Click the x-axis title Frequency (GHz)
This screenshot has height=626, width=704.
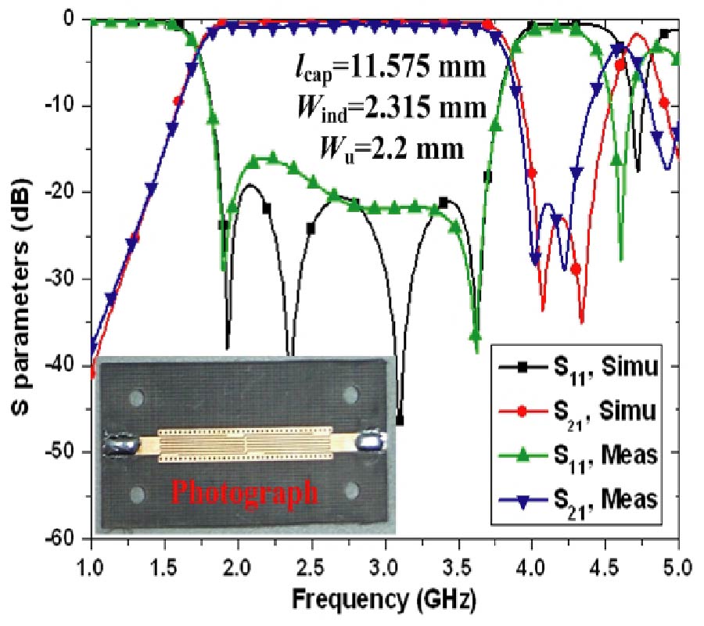[x=384, y=599]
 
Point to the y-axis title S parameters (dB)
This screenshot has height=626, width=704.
[x=25, y=279]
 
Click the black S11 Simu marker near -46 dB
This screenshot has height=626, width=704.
[x=400, y=421]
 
